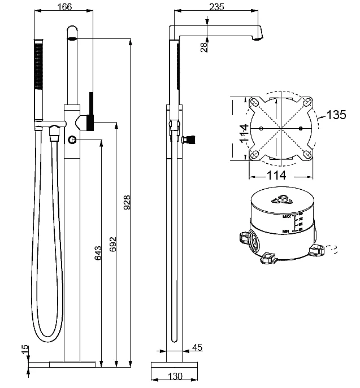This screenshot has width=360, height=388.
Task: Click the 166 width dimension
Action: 65,6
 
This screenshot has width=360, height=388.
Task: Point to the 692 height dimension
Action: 112,244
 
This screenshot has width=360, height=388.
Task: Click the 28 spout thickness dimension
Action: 203,46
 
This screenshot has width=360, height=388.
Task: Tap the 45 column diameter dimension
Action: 197,347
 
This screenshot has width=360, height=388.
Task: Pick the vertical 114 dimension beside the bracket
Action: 242,133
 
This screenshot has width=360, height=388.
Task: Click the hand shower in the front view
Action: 38,79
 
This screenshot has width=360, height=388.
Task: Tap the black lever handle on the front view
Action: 90,110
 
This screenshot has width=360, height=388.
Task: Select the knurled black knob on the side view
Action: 190,138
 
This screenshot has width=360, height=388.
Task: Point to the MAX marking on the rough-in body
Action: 287,216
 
